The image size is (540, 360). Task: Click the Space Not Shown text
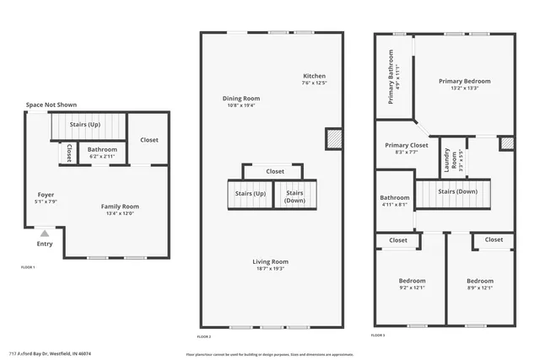(51, 105)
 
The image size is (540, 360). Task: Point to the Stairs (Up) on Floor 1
(85, 125)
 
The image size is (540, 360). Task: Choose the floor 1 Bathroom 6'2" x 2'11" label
(103, 153)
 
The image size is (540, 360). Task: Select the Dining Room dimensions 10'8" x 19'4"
(241, 105)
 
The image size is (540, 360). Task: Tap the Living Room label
(271, 265)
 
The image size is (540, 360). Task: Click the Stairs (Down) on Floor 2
(294, 196)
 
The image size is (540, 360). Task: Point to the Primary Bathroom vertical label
(391, 77)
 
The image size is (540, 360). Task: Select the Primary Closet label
(401, 148)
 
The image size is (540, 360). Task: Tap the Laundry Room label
(448, 159)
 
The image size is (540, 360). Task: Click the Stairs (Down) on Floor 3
(458, 192)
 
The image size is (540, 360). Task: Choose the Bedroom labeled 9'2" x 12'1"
(412, 284)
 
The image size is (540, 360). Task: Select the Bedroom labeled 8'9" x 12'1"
(480, 284)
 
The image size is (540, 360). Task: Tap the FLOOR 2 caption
(204, 336)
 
